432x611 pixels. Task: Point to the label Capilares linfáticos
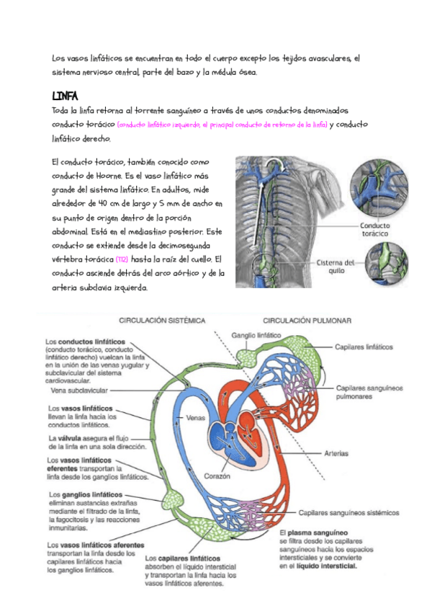click(x=364, y=347)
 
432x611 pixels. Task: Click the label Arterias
click(x=336, y=453)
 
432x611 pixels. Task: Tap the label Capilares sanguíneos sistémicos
click(x=348, y=513)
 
